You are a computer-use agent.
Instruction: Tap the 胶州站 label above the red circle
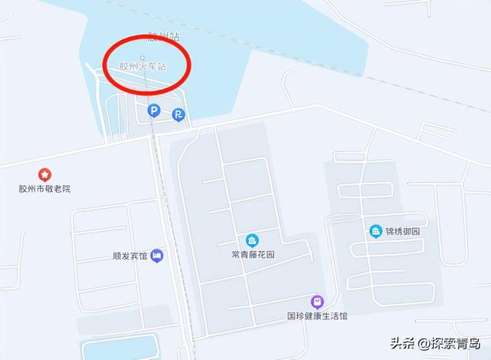click(x=163, y=36)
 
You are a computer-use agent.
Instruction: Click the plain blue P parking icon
click(x=153, y=111)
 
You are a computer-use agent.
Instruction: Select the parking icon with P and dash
click(x=178, y=115)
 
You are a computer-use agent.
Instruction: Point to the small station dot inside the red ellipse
click(x=142, y=58)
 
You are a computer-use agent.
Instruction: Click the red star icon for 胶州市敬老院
click(x=44, y=175)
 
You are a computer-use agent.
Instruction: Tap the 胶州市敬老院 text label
click(x=44, y=189)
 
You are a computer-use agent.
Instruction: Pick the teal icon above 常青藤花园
click(x=252, y=240)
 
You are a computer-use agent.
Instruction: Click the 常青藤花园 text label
click(x=252, y=254)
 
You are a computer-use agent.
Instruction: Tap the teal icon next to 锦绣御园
click(x=375, y=231)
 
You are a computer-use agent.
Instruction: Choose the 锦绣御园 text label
click(x=403, y=231)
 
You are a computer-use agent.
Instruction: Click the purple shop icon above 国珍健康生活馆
click(x=317, y=302)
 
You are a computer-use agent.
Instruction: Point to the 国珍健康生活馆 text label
click(x=317, y=315)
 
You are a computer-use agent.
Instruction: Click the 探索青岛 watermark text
click(x=456, y=342)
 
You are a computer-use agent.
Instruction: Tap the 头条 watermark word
click(x=402, y=342)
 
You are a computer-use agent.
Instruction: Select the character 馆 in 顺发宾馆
click(x=143, y=256)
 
